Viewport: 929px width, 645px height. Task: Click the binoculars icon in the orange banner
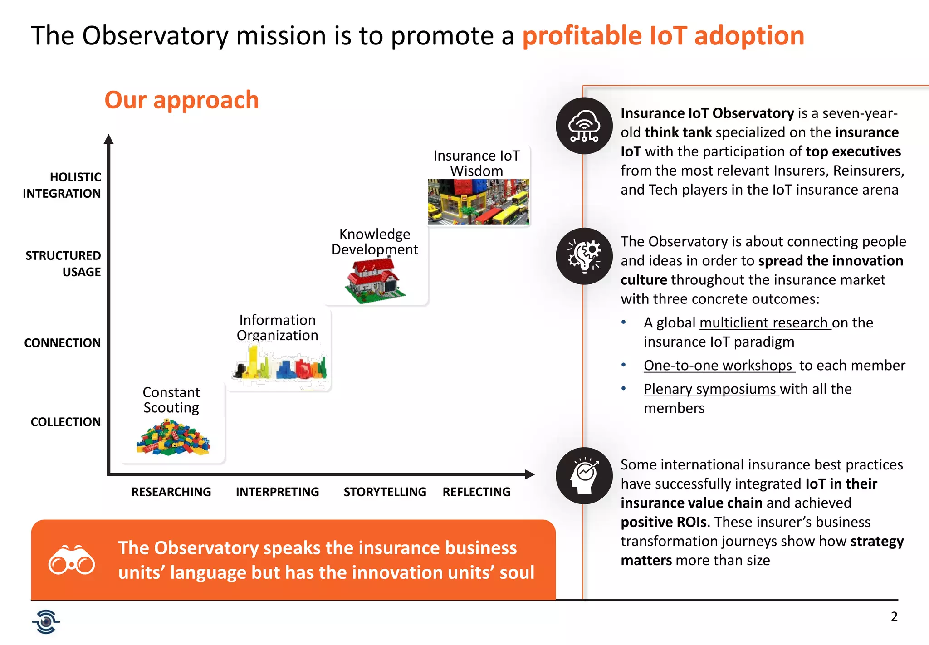72,560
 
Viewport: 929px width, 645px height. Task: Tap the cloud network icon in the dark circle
584,126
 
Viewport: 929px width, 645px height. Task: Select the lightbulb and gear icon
584,256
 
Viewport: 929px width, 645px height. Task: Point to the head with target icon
584,476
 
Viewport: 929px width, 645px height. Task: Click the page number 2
894,616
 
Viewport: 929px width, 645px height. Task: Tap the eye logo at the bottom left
46,621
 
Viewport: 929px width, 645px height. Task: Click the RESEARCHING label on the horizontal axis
171,492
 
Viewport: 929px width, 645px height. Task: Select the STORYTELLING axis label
385,492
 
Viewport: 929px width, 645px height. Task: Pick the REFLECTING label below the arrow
476,492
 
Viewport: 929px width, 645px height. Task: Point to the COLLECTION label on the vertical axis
66,422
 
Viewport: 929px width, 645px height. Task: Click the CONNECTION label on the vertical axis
63,343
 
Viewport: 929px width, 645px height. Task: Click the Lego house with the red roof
375,280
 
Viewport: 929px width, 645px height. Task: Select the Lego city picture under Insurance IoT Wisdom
479,202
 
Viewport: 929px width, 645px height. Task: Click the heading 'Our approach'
181,100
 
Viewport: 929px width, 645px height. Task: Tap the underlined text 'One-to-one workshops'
719,366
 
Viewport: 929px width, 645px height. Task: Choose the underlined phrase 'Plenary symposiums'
710,389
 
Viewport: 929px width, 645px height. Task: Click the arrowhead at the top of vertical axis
108,139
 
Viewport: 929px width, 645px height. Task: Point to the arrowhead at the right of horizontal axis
529,474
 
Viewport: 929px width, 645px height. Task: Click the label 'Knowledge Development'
375,242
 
